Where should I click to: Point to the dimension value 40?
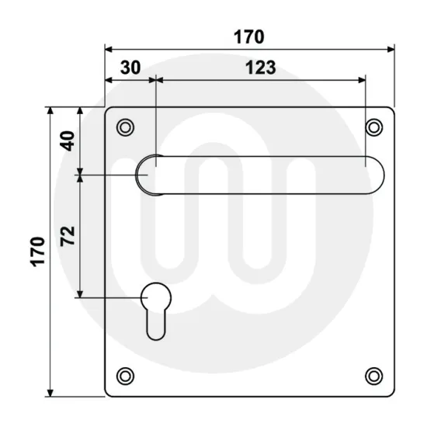coord(68,141)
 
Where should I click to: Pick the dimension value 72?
coord(68,236)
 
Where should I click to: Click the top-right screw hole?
coord(374,127)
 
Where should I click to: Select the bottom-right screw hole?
coord(374,377)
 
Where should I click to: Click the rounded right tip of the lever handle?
coord(374,174)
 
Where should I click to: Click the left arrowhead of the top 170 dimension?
coord(109,49)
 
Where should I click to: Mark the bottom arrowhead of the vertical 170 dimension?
coord(51,391)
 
